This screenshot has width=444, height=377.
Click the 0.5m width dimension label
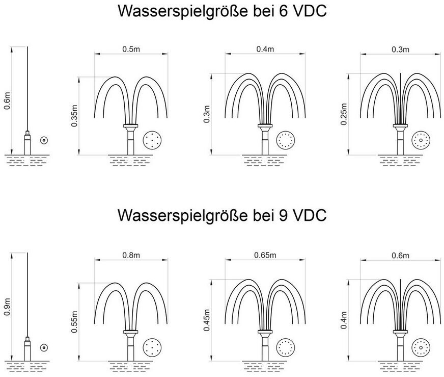(x=131, y=49)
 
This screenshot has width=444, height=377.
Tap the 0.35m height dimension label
(x=74, y=116)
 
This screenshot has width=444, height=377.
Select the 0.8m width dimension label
(x=131, y=255)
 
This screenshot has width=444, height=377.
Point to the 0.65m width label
(x=265, y=255)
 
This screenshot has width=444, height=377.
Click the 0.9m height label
(x=7, y=307)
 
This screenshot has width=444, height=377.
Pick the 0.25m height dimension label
(x=344, y=114)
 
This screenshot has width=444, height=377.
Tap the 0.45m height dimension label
(x=207, y=320)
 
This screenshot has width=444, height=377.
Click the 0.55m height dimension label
(x=74, y=322)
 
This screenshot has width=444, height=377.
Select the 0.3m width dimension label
(x=400, y=49)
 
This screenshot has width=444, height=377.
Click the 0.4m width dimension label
(x=265, y=49)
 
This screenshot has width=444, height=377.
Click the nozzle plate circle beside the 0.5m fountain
(x=152, y=140)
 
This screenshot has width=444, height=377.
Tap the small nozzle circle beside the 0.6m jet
(x=44, y=140)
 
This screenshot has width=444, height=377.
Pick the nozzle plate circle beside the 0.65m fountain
(x=286, y=347)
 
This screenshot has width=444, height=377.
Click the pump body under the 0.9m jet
(x=27, y=349)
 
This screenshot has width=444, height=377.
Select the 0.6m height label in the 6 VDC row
(x=7, y=100)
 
